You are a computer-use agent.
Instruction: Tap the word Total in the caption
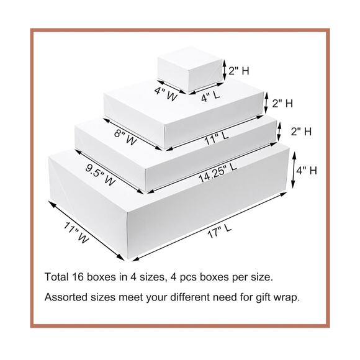[x=56, y=276]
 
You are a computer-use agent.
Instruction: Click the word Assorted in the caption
[x=65, y=297]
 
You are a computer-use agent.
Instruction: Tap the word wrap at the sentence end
[x=286, y=297]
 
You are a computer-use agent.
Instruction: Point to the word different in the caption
[x=191, y=297]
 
